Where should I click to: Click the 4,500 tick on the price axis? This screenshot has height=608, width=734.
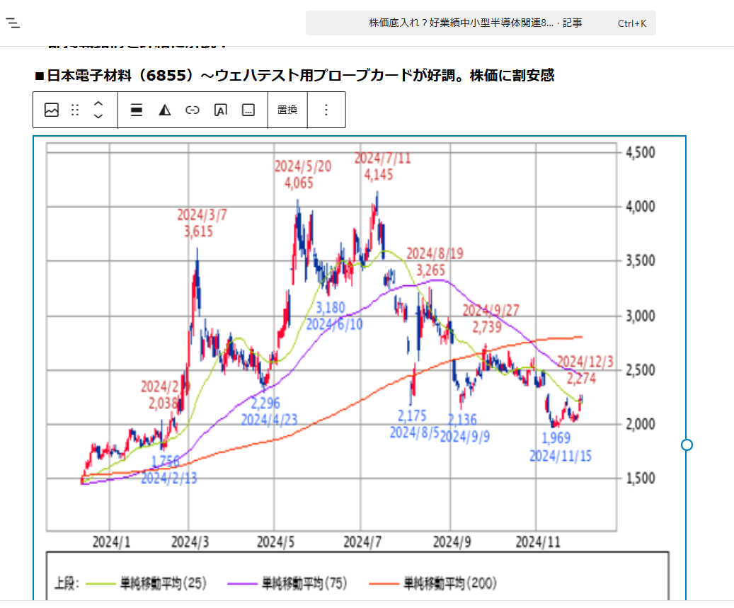pos(640,152)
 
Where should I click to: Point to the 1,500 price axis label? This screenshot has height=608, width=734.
pos(640,478)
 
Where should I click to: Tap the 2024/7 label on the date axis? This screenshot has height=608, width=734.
pos(362,543)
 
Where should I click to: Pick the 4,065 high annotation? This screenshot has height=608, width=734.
pos(299,183)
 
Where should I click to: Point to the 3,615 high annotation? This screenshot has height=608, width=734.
pos(198,231)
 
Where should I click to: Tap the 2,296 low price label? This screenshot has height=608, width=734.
pos(265,403)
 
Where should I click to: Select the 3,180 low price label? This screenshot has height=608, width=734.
pos(331,308)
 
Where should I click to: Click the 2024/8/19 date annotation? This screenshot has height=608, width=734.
pos(434,253)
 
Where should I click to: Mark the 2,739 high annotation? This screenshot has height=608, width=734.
pos(486,327)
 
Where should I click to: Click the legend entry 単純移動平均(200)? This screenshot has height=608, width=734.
pos(449,583)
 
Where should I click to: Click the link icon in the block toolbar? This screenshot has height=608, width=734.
pos(193,110)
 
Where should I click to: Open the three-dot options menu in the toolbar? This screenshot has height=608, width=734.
pos(326,110)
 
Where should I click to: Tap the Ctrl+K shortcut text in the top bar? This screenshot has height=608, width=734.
pos(631,23)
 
